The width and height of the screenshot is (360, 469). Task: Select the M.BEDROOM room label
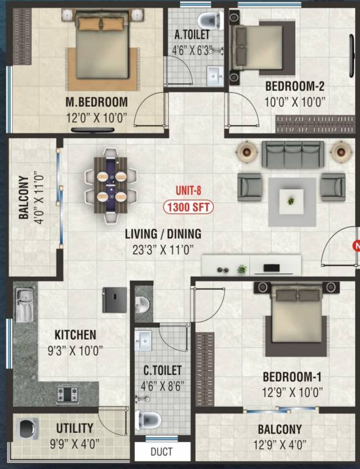pyautogui.click(x=96, y=102)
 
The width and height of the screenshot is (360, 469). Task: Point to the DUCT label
pyautogui.click(x=161, y=452)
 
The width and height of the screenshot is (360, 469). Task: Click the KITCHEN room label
pyautogui.click(x=75, y=335)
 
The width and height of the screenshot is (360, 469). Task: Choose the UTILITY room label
pyautogui.click(x=74, y=428)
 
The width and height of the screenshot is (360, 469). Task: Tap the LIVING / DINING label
pyautogui.click(x=163, y=234)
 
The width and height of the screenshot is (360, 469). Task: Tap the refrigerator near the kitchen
pyautogui.click(x=115, y=300)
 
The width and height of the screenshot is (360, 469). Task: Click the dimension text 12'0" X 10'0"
pyautogui.click(x=96, y=117)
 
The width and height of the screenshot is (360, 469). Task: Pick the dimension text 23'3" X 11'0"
pyautogui.click(x=163, y=249)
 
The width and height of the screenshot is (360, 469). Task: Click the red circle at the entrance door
pyautogui.click(x=356, y=246)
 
